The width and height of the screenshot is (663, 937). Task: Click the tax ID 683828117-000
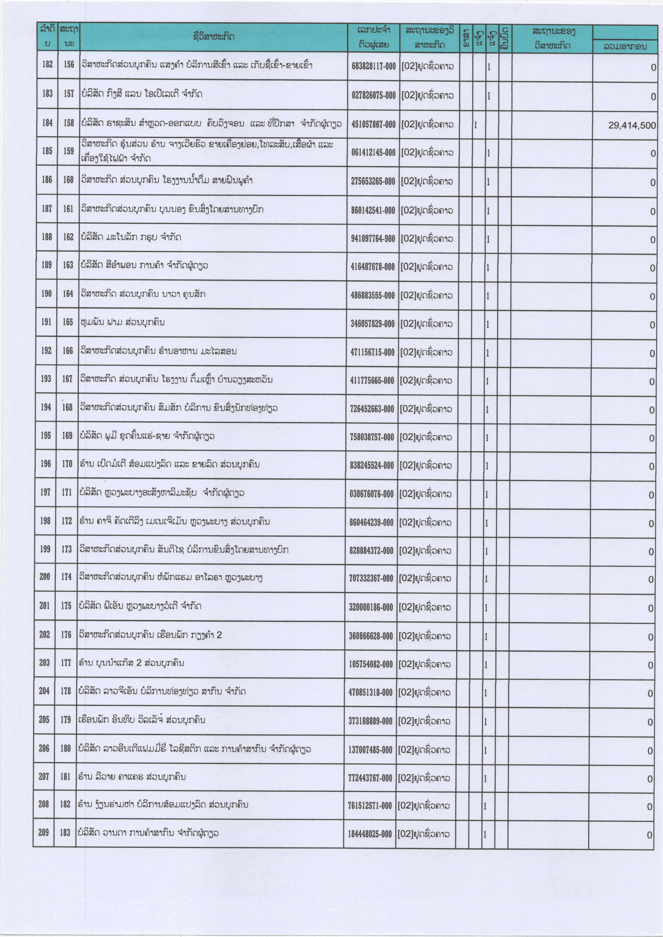click(373, 66)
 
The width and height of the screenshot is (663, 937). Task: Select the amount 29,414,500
click(631, 125)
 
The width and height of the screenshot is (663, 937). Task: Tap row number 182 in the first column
click(47, 64)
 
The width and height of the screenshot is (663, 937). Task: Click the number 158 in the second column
click(69, 122)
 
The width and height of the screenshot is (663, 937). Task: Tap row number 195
click(46, 436)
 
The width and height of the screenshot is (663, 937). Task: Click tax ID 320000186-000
click(371, 607)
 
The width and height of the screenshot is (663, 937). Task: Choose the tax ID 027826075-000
click(373, 95)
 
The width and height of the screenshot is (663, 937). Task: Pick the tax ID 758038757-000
click(372, 437)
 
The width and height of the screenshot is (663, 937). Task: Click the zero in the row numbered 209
click(649, 835)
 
